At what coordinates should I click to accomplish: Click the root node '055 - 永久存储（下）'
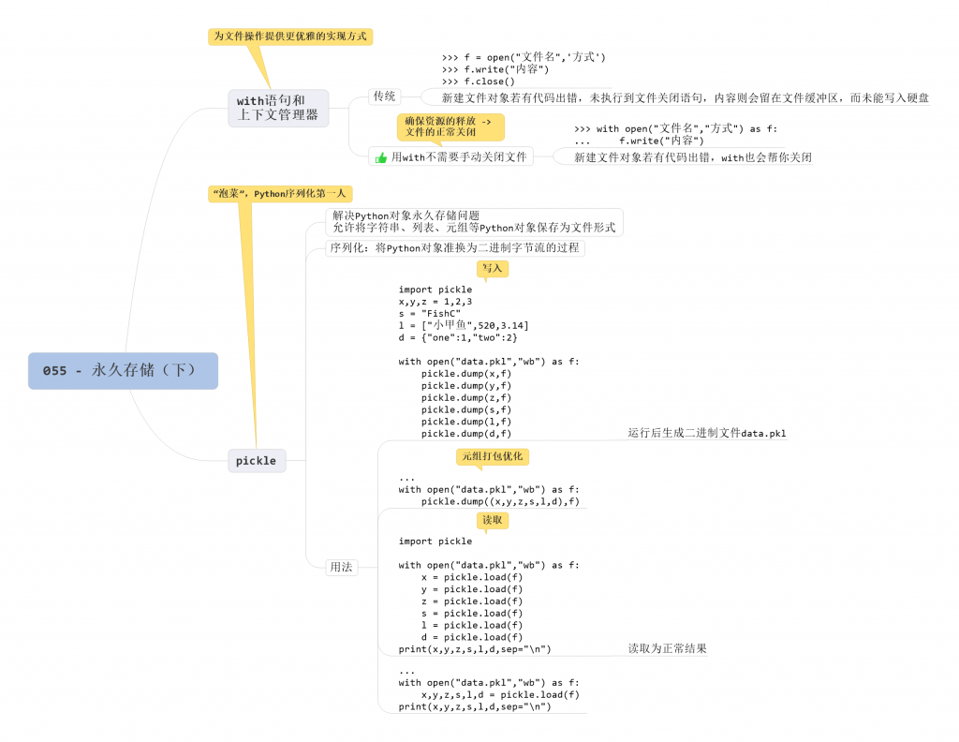tap(123, 370)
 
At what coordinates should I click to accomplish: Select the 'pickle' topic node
tap(257, 460)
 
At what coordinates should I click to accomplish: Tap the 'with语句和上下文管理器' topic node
tap(278, 108)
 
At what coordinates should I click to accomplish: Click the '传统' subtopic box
tap(385, 96)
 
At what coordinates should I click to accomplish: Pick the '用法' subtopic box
tap(341, 567)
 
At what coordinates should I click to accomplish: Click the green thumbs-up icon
tap(381, 158)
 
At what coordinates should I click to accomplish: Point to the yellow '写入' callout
tap(493, 269)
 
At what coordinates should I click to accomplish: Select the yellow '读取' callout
tap(493, 520)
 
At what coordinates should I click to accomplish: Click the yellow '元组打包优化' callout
tap(493, 456)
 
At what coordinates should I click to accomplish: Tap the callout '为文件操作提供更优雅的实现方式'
tap(290, 37)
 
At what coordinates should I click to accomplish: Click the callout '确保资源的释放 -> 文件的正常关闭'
tap(449, 126)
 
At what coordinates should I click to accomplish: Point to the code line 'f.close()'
tap(478, 82)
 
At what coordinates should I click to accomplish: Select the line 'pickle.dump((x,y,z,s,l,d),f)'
tap(500, 501)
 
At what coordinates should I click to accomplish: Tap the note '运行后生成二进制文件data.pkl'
tap(707, 433)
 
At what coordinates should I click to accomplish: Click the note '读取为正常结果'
tap(667, 648)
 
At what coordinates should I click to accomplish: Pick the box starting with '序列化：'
tap(455, 248)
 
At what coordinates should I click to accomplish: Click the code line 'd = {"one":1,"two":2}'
tap(458, 337)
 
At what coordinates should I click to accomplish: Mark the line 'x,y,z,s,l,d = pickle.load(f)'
tap(500, 695)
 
